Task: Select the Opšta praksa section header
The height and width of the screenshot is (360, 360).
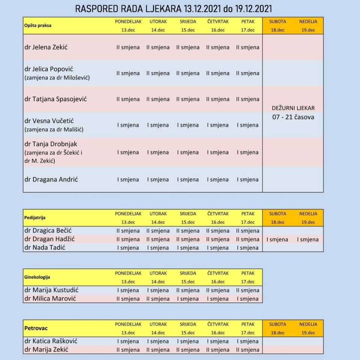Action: pyautogui.click(x=38, y=25)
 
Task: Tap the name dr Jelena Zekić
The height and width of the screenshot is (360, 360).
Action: pyautogui.click(x=46, y=47)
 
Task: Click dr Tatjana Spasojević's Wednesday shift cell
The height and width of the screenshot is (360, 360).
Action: pyautogui.click(x=188, y=99)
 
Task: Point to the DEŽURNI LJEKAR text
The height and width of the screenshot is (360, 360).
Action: pyautogui.click(x=293, y=108)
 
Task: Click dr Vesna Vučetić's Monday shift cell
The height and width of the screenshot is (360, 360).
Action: pyautogui.click(x=128, y=125)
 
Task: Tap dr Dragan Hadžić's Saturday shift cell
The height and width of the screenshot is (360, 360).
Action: pyautogui.click(x=277, y=239)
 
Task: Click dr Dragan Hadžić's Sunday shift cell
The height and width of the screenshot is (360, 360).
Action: pyautogui.click(x=308, y=239)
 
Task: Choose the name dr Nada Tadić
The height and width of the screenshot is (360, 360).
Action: pyautogui.click(x=45, y=247)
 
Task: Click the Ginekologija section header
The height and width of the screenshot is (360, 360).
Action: pyautogui.click(x=37, y=277)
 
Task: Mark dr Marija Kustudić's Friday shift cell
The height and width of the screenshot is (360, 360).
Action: pyautogui.click(x=247, y=290)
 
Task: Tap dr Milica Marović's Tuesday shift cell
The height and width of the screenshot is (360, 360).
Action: pyautogui.click(x=158, y=299)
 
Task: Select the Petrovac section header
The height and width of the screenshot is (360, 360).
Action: pyautogui.click(x=36, y=328)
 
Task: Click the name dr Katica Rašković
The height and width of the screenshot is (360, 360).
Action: pyautogui.click(x=51, y=341)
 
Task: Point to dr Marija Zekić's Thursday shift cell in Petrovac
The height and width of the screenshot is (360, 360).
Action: pyautogui.click(x=218, y=350)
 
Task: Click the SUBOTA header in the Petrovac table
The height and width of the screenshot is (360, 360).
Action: pyautogui.click(x=277, y=324)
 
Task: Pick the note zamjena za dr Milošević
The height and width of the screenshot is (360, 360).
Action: pyautogui.click(x=57, y=78)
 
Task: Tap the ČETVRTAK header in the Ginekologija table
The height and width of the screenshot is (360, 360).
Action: pyautogui.click(x=218, y=273)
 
